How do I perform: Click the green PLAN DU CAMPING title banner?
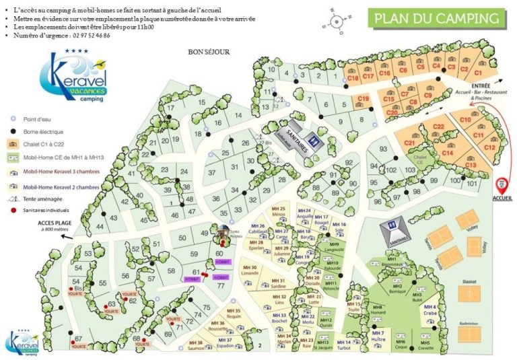438,18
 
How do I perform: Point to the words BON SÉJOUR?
209,51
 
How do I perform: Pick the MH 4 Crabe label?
430,311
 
